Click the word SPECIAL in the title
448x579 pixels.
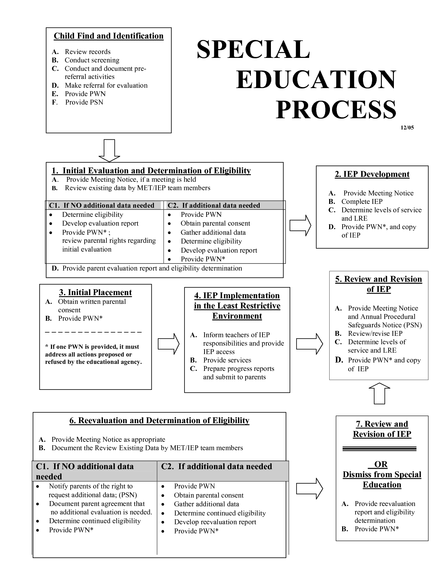(x=253, y=49)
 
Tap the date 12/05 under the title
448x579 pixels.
(x=407, y=128)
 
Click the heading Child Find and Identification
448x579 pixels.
(x=109, y=36)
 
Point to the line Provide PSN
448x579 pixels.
(x=84, y=102)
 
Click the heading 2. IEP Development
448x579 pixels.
(x=372, y=174)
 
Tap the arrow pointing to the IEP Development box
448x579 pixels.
(x=300, y=225)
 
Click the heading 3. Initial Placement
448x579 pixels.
(x=95, y=293)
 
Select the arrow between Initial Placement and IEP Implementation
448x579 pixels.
(x=168, y=344)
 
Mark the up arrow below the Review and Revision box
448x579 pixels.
(x=379, y=393)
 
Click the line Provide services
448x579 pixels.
(x=227, y=360)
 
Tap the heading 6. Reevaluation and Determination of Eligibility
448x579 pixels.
(x=159, y=421)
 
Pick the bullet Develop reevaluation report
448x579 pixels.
(x=215, y=522)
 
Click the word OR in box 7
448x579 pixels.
(x=381, y=465)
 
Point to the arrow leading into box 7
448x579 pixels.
(x=309, y=488)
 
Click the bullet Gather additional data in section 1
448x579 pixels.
(x=213, y=233)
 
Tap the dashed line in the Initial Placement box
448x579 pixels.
(x=93, y=332)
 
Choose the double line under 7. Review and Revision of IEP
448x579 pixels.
(x=379, y=449)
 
